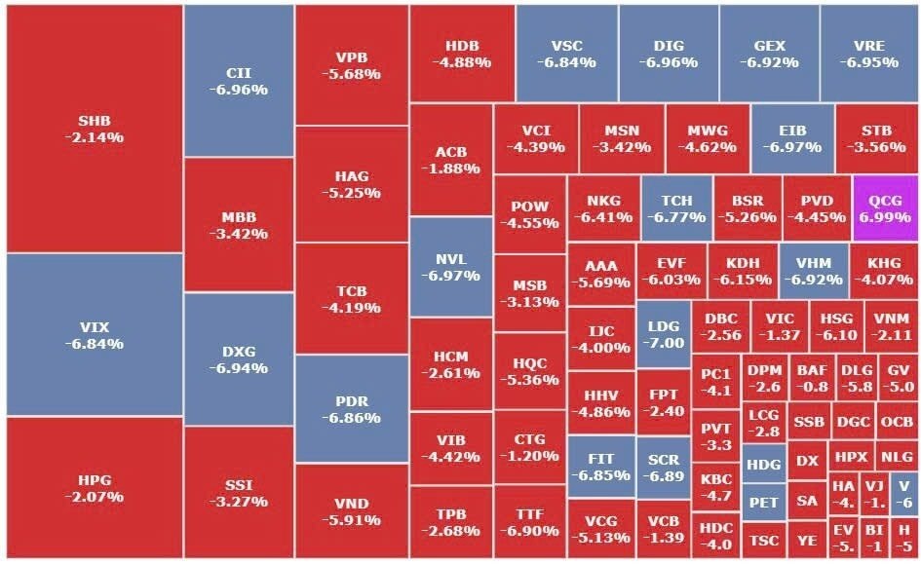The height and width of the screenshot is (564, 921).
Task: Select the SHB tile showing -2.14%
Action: pos(94,129)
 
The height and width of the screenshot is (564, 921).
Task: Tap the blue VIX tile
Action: pos(94,334)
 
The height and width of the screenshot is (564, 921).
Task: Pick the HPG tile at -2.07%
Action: pos(94,488)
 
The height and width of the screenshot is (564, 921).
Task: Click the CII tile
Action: pos(238,81)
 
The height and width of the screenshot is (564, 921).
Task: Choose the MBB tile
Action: pos(238,224)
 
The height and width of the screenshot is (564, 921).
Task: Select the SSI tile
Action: pos(238,492)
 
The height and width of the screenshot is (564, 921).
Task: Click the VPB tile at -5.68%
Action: pos(351,64)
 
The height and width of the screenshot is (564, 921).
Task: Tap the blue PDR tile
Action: pos(351,408)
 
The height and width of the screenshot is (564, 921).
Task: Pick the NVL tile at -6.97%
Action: pos(451,267)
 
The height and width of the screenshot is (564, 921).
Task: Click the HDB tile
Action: pos(461,54)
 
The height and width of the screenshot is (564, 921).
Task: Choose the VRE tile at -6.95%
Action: pos(868,54)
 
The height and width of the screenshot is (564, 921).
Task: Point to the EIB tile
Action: pos(792,138)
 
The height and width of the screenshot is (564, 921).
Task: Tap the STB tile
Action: pos(876,138)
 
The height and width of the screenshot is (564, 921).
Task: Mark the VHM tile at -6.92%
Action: pos(812,271)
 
